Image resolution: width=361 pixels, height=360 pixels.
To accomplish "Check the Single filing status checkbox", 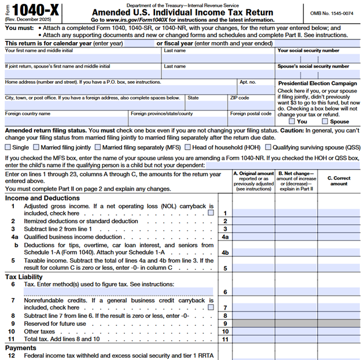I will click(x=8, y=147).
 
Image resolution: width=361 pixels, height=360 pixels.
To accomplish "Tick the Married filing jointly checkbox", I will click(x=38, y=147).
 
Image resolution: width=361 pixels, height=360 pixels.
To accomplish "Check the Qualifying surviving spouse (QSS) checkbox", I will click(x=269, y=147).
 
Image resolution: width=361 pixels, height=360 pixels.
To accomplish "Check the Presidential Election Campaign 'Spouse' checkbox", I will click(x=326, y=121).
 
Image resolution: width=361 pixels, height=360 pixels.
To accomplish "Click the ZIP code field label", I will click(x=240, y=98).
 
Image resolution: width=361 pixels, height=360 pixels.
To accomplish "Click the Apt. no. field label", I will click(x=248, y=82).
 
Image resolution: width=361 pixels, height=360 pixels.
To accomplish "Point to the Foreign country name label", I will click(x=28, y=114).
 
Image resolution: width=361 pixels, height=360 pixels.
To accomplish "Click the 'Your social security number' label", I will click(x=308, y=51).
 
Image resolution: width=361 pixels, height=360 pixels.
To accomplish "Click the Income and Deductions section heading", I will click(x=42, y=198).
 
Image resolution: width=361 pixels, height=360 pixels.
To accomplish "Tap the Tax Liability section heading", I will click(x=24, y=276).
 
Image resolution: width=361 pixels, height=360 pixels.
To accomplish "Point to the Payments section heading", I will click(x=21, y=348).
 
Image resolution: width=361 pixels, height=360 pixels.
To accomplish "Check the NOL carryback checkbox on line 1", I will click(x=210, y=213).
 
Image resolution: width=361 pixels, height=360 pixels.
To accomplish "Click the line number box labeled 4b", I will click(x=225, y=252).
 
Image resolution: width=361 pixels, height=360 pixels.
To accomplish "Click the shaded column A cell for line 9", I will click(x=253, y=324).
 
